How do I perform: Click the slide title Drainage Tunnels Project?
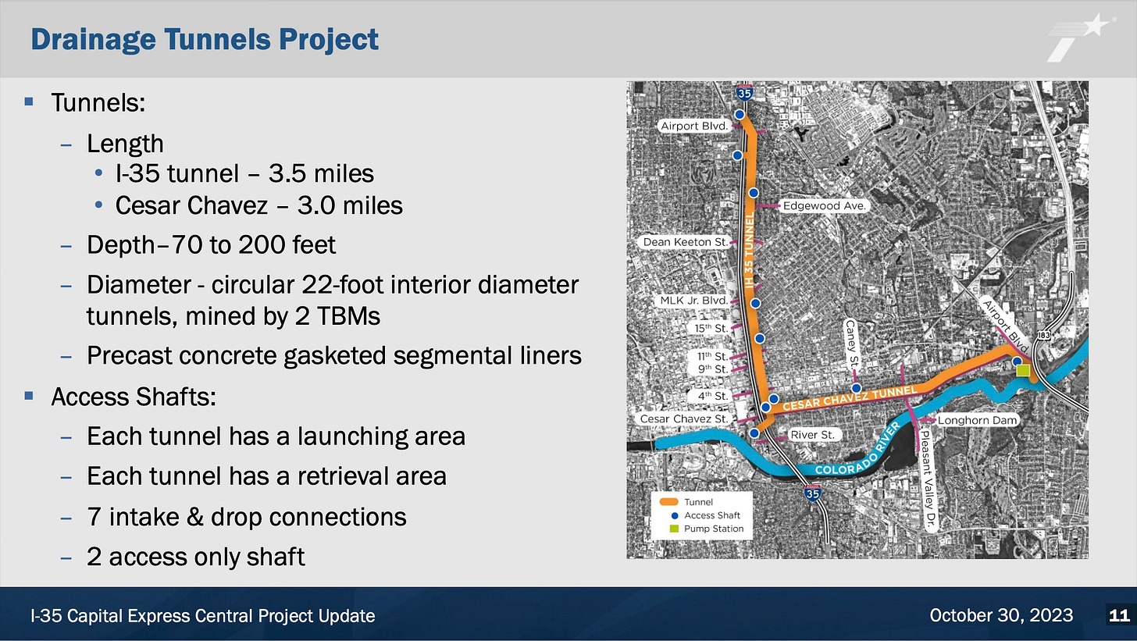[x=204, y=39]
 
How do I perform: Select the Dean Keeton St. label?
[x=685, y=242]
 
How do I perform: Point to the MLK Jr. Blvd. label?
[x=694, y=301]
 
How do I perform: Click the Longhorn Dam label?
[x=978, y=420]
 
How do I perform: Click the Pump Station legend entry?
[x=714, y=529]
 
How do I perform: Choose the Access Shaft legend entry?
[x=711, y=515]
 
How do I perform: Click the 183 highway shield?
[x=1045, y=335]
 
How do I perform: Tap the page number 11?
[x=1118, y=616]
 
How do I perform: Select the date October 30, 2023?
[x=1001, y=616]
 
